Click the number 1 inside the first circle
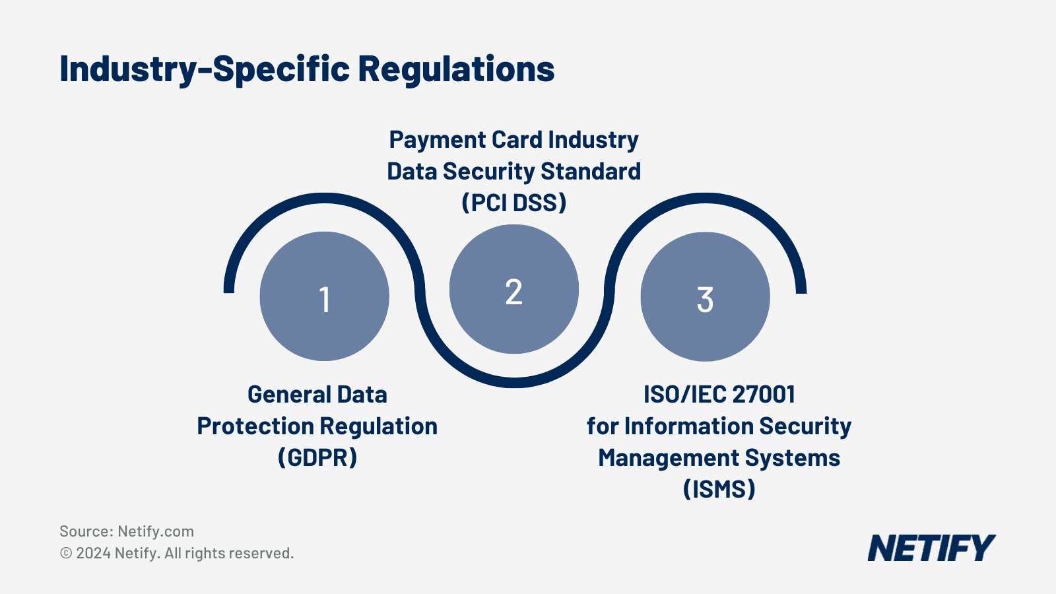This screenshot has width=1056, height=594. pos(324,299)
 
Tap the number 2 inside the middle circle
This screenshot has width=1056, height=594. pos(513,292)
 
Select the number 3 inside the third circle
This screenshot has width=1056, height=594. pos(705,300)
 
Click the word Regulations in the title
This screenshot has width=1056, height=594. pos(456,69)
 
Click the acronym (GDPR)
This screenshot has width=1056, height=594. pos(317,457)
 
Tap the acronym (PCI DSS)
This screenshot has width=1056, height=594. pos(513,203)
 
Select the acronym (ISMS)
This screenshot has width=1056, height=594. pos(719,489)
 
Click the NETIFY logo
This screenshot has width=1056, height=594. pos(931,548)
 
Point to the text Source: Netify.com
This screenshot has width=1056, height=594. pos(127,531)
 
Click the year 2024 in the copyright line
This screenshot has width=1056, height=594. pos(93,553)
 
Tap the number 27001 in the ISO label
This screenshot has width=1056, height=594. pos(764,395)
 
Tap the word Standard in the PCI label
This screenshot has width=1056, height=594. pos(591,172)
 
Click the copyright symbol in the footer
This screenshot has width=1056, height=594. pos(66,553)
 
